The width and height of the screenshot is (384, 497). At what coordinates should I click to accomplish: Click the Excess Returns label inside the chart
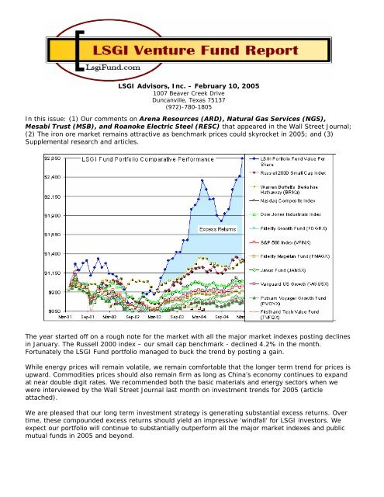[220, 229]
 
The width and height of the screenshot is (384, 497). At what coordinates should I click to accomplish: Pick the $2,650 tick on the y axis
[51, 157]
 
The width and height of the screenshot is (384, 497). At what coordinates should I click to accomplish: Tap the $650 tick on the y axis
[53, 311]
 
